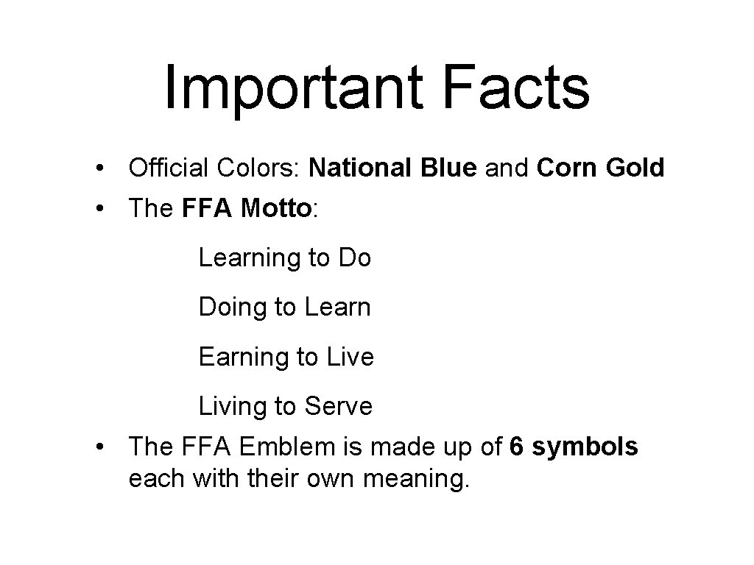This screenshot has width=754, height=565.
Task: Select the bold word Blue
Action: [449, 168]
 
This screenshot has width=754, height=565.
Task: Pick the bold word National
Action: [362, 168]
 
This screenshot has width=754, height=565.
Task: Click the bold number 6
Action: [517, 447]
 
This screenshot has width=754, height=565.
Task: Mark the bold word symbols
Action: [585, 447]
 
